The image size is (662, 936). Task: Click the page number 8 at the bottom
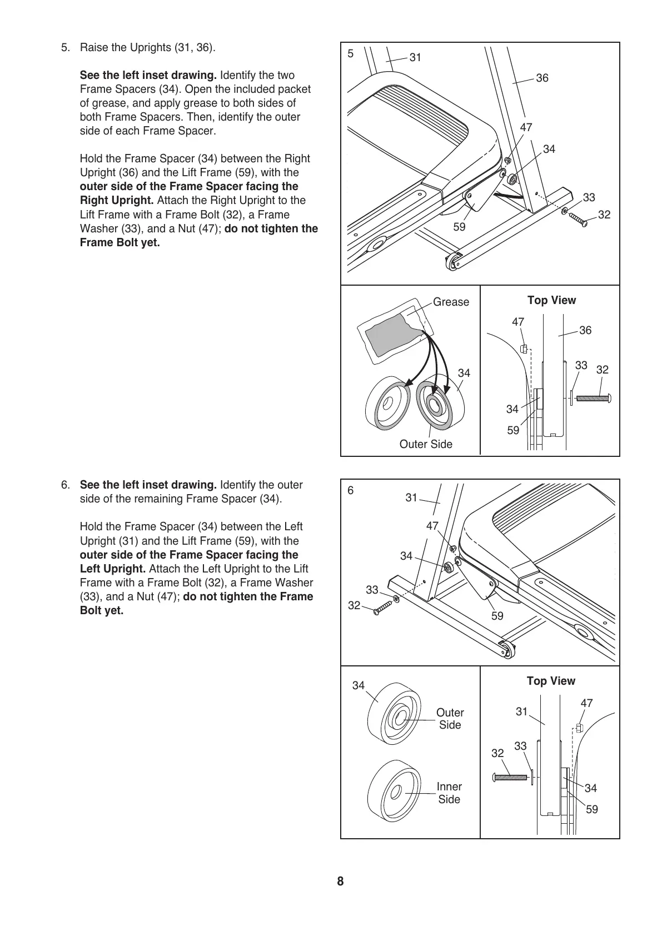coord(340,882)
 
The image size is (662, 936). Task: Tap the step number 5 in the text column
coord(66,48)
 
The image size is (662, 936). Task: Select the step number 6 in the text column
coord(66,485)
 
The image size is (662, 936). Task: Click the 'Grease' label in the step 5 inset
coord(451,302)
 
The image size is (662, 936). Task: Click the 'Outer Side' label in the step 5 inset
coord(426,445)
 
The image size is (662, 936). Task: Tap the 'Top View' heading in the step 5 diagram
coord(551,301)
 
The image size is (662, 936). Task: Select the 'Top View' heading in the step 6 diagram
coord(551,681)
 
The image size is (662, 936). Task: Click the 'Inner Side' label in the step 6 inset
coord(449,793)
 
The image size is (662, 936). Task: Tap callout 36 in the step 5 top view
coord(585,331)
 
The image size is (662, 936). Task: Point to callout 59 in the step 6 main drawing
coord(497,616)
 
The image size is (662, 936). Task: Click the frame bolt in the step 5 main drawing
coord(578,221)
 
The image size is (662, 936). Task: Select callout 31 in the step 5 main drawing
coord(416,57)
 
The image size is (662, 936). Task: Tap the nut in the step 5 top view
coord(523,350)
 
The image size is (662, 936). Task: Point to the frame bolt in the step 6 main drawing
coord(382,606)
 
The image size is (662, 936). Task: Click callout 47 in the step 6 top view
coord(586,704)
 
